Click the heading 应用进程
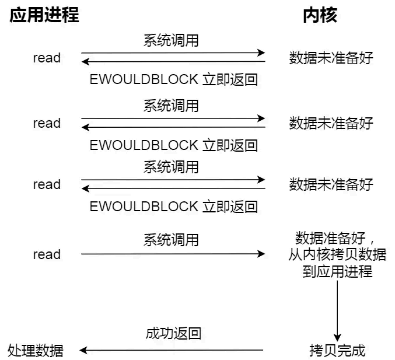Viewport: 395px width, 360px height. [x=44, y=15]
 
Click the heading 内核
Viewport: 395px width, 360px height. [x=320, y=15]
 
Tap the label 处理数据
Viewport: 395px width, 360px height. [x=36, y=350]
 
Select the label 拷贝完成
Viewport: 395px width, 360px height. [x=337, y=351]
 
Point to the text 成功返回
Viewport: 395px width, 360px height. [x=173, y=333]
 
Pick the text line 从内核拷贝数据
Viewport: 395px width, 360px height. [x=337, y=254]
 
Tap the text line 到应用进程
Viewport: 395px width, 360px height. [x=337, y=271]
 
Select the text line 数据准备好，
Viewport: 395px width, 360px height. [x=337, y=238]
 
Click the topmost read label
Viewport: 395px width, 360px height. [x=47, y=58]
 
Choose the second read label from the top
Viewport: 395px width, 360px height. [x=47, y=123]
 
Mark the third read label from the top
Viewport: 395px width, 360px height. [x=47, y=184]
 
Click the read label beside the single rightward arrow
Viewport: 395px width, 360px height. [x=47, y=254]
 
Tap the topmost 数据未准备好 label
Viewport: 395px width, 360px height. [x=331, y=58]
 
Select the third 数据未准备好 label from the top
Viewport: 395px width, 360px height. [x=331, y=184]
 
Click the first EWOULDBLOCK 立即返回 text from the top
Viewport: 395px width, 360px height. [x=173, y=79]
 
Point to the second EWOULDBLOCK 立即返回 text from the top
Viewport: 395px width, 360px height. [x=173, y=145]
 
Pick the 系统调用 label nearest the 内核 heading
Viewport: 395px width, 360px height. [x=171, y=40]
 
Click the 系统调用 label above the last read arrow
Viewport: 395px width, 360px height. [x=171, y=239]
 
